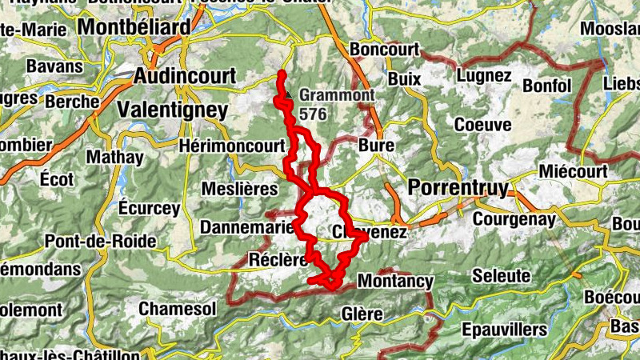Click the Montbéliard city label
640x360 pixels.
135,27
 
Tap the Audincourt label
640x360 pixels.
186,76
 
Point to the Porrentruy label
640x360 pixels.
458,188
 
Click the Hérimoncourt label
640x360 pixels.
232,146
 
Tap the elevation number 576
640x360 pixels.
313,114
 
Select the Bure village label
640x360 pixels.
377,146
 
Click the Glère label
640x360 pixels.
362,314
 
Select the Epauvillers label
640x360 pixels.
504,329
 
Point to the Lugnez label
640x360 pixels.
484,76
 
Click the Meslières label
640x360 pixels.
239,190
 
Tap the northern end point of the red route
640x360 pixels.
282,75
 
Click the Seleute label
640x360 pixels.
502,275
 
